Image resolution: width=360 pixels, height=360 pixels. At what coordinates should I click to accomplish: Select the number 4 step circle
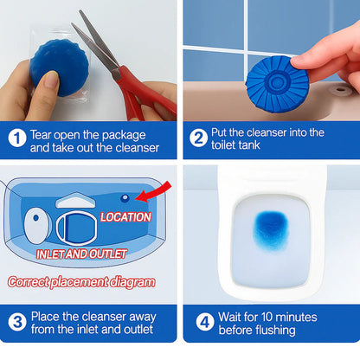coord(204,323)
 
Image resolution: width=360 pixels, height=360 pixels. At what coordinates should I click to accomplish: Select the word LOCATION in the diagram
coord(125,216)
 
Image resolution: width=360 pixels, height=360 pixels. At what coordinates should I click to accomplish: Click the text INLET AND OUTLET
coord(82,254)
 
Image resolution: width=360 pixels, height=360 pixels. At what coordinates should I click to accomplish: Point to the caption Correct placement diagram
coord(82,281)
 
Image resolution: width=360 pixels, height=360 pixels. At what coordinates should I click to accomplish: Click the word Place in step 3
coord(47,316)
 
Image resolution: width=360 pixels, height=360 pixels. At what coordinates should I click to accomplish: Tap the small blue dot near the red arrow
coord(126,198)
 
